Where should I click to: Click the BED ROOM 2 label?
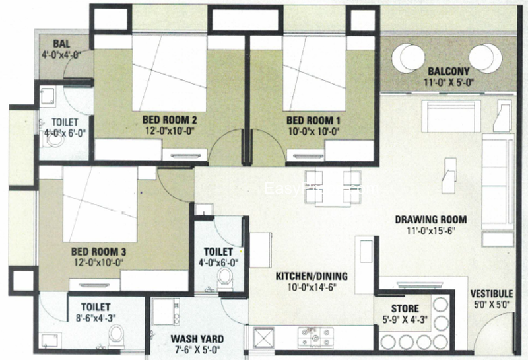170,121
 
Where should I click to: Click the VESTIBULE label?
491,294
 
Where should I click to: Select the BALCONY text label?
448,71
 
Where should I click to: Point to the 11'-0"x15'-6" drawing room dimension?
431,232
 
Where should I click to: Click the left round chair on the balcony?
408,59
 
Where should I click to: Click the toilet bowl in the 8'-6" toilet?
116,336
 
